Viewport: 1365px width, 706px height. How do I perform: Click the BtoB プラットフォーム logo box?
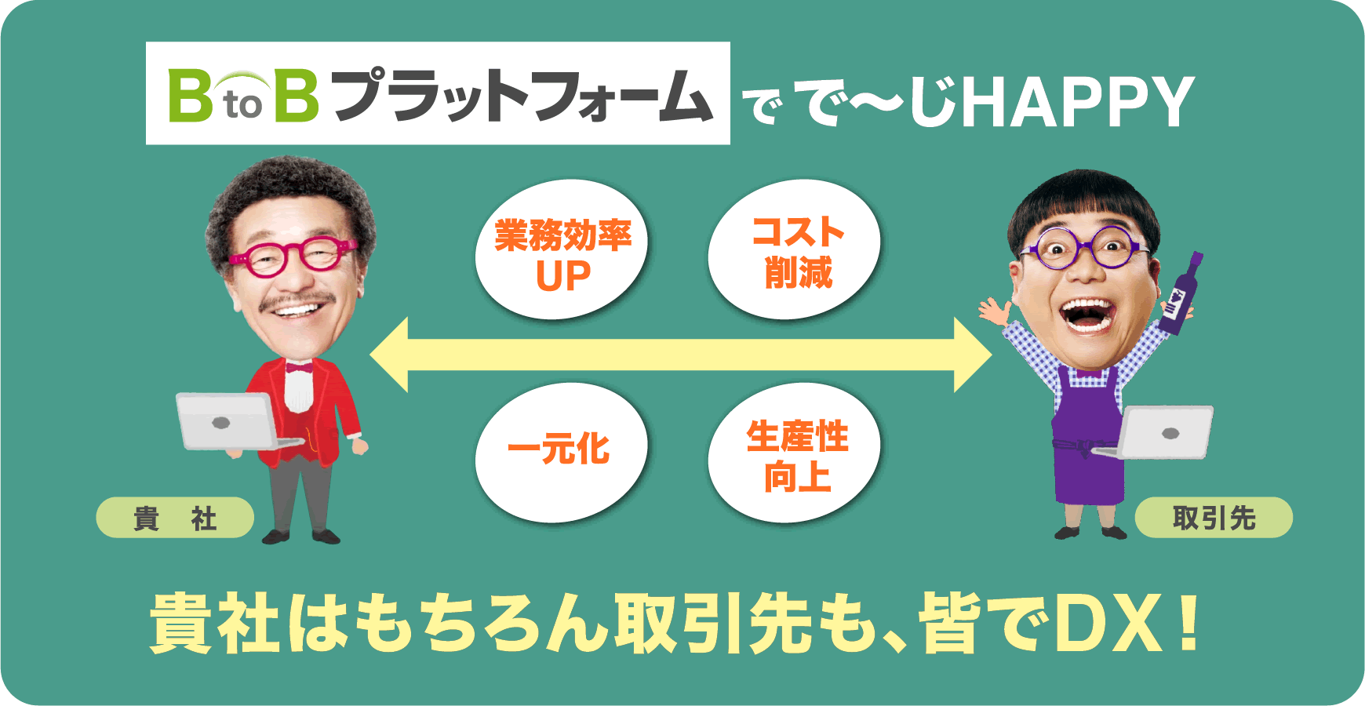[x=438, y=93]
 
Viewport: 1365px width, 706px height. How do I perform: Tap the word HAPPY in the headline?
[x=1078, y=102]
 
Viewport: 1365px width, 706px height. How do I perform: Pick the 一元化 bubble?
[x=560, y=451]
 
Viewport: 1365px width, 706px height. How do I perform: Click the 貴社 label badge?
[x=174, y=518]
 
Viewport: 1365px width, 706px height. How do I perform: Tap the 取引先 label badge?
[x=1214, y=518]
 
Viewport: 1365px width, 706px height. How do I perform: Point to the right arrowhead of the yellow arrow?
[x=973, y=355]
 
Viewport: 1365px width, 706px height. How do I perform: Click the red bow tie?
[x=298, y=367]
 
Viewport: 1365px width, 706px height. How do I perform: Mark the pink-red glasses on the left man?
[x=292, y=256]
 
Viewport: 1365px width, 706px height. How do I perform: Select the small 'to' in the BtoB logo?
[x=242, y=105]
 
